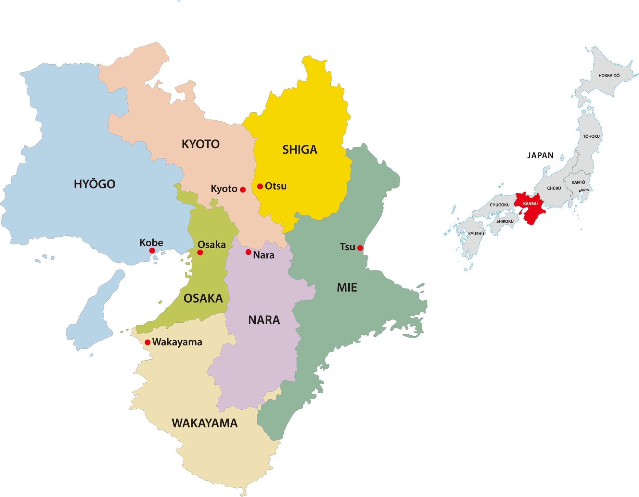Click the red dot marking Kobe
click(x=152, y=251)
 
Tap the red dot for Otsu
click(x=260, y=186)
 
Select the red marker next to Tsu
click(x=360, y=248)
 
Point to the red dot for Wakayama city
click(x=147, y=342)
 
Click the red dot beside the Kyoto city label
click(x=243, y=190)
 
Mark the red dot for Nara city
click(x=248, y=252)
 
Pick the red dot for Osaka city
click(x=200, y=253)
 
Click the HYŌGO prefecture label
click(x=94, y=184)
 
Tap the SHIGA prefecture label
click(x=300, y=150)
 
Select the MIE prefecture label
click(x=347, y=287)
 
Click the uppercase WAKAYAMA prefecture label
click(x=204, y=423)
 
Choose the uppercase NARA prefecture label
click(x=264, y=320)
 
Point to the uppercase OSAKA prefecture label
click(x=203, y=298)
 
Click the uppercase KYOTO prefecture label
click(x=200, y=144)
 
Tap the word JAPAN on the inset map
click(x=540, y=155)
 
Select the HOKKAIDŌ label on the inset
click(x=609, y=76)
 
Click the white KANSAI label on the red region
click(x=530, y=204)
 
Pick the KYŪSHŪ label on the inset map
click(x=476, y=234)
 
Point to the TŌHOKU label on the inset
click(x=591, y=136)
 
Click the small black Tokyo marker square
click(x=580, y=191)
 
